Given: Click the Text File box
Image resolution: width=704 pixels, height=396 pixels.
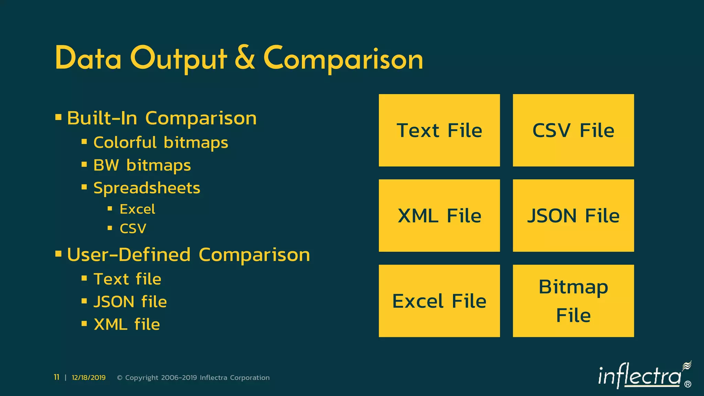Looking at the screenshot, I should point(439,130).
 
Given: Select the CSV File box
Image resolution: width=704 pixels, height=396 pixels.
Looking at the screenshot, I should point(573,130).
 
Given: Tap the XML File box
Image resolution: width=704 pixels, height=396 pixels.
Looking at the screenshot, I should point(439,216).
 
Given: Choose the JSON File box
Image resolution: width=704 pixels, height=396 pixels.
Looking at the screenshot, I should point(573,216).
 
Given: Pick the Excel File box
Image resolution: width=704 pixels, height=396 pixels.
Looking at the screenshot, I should point(439,301).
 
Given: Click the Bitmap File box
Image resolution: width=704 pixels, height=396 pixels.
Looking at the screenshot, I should point(573,301).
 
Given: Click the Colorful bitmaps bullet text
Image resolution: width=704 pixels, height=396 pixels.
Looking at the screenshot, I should point(161,143).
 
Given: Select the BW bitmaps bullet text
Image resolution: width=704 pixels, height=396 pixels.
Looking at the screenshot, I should point(142,165).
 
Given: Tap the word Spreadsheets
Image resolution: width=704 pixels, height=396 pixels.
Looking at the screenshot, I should point(147,188).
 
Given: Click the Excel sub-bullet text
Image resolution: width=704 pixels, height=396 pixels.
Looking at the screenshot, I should point(137,209).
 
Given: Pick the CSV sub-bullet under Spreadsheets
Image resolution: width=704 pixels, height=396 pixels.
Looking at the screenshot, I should point(133,229).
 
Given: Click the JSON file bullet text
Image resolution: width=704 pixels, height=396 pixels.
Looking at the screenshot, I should point(130,302).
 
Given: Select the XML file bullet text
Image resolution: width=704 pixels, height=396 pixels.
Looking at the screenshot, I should point(126,324).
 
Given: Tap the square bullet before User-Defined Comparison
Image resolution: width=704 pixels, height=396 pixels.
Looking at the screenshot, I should point(58,254).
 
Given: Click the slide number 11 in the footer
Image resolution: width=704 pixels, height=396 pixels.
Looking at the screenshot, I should point(57,377).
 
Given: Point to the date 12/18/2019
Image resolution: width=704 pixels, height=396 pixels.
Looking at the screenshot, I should point(89,377).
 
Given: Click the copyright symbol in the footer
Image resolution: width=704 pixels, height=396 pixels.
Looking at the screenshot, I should point(120,377).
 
